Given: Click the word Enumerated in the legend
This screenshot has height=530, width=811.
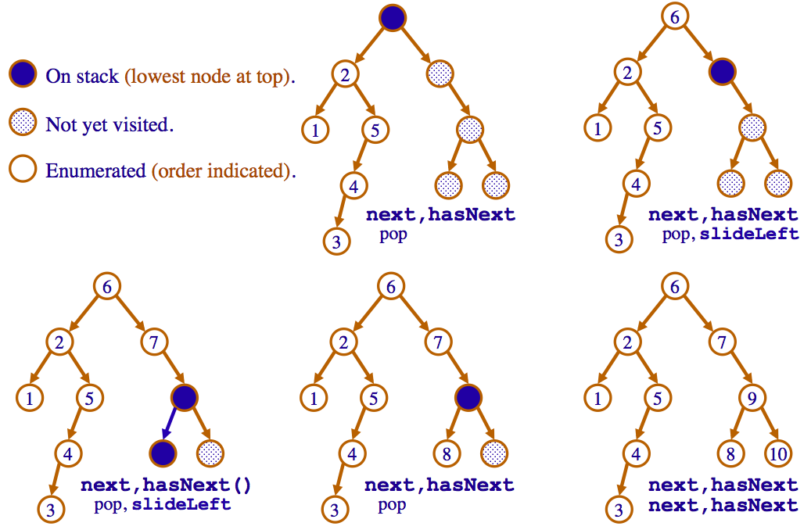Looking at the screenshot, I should [x=96, y=170].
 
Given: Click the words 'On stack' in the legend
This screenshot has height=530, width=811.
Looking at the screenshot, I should [x=82, y=77].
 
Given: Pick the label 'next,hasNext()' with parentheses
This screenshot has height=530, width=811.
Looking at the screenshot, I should [x=167, y=485].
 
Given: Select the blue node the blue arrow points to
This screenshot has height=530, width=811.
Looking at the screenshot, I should [x=162, y=452].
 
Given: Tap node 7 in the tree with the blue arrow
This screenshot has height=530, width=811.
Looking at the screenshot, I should [x=156, y=340].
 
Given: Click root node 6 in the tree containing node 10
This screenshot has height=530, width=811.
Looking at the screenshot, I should [x=674, y=287].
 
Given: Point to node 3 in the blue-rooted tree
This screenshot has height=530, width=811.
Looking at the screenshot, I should [x=336, y=241].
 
